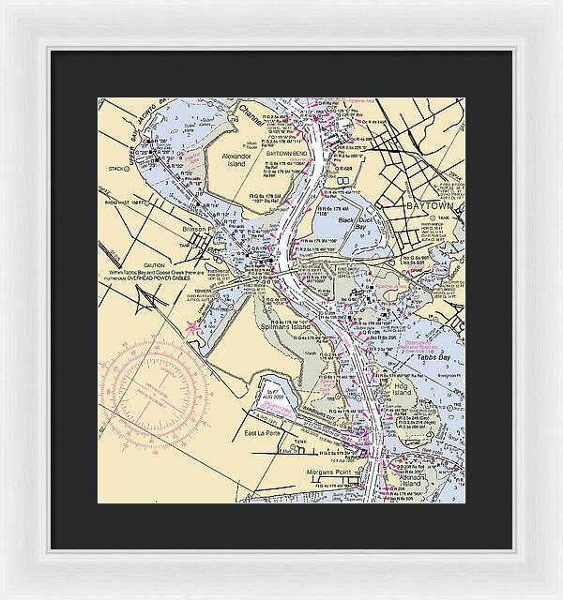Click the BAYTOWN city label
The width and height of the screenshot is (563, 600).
pos(427,205)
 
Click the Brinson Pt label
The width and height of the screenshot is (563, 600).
pos(199,228)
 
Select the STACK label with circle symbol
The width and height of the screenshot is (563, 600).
pos(117,170)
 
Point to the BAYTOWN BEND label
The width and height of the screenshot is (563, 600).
pos(286,153)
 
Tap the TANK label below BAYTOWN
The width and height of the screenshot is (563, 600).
pos(457,217)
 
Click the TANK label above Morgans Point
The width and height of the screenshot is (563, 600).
pos(300,441)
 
